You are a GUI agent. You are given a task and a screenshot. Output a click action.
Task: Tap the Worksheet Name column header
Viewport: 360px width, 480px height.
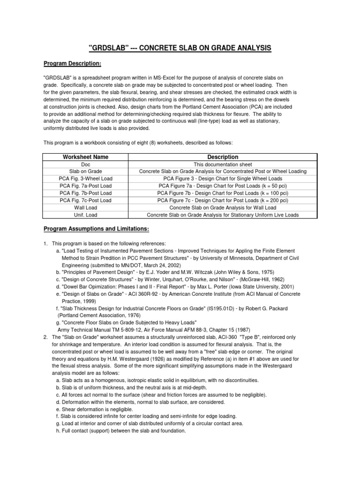[x=85, y=157]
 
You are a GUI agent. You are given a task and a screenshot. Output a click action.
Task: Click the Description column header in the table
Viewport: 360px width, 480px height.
[x=223, y=157]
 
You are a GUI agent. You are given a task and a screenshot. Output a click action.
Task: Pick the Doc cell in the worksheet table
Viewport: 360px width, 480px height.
[x=85, y=165]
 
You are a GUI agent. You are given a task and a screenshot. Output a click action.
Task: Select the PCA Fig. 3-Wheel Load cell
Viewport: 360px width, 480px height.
[x=85, y=179]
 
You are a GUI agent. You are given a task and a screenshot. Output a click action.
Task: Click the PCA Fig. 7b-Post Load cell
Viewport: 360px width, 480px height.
[x=85, y=193]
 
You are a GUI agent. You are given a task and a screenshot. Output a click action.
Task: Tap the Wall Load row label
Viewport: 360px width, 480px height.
[x=85, y=208]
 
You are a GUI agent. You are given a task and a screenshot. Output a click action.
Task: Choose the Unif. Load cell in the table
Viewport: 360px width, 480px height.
[x=85, y=215]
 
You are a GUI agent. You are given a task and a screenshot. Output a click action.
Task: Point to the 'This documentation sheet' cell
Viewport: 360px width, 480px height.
[x=223, y=165]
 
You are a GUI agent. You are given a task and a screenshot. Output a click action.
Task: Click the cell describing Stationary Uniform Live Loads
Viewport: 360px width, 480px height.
[x=223, y=215]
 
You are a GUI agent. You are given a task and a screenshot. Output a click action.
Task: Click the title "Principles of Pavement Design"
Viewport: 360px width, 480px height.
[x=97, y=272]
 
